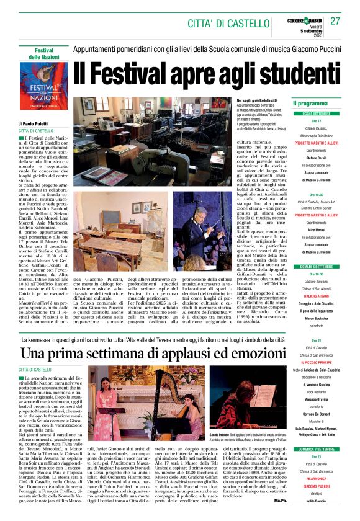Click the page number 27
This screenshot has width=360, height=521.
(335, 20)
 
